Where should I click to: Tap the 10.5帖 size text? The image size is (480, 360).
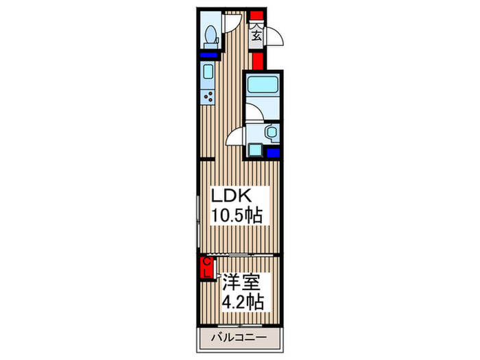pyautogui.click(x=235, y=216)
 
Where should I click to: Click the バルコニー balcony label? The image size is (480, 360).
pyautogui.click(x=239, y=337)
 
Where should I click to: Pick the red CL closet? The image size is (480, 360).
pyautogui.click(x=205, y=267)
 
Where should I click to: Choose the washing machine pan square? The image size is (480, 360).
pyautogui.click(x=257, y=149)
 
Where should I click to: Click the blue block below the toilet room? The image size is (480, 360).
pyautogui.click(x=209, y=54)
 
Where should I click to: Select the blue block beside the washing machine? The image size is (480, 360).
pyautogui.click(x=273, y=153)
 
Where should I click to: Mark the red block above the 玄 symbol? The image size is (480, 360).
pyautogui.click(x=256, y=14)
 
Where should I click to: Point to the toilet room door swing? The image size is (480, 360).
pyautogui.click(x=230, y=23)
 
